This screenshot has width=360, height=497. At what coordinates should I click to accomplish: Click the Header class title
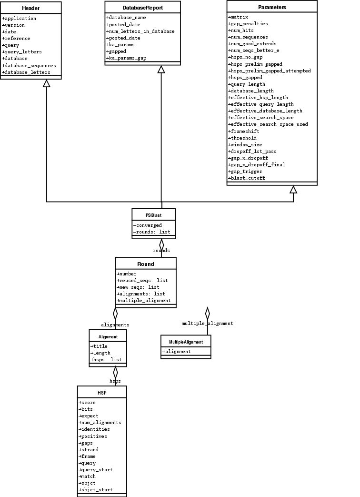click(x=30, y=8)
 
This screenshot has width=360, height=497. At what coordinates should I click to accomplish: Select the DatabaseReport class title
click(x=142, y=7)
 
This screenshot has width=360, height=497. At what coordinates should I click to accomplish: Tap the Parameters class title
click(x=272, y=7)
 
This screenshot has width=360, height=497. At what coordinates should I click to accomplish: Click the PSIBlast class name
click(x=153, y=215)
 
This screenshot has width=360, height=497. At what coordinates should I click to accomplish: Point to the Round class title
click(x=145, y=264)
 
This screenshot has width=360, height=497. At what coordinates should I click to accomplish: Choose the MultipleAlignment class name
click(x=186, y=342)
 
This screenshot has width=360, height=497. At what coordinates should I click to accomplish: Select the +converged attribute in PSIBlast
click(x=148, y=225)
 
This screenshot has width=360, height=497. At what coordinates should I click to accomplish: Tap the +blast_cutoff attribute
click(x=247, y=178)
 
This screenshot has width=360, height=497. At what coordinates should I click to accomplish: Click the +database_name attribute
click(x=126, y=18)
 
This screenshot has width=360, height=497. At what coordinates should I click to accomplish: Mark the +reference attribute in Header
click(x=16, y=39)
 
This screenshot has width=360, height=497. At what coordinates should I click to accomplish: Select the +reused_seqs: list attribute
click(x=142, y=281)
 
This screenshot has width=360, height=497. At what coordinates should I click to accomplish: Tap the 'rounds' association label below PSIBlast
click(x=161, y=251)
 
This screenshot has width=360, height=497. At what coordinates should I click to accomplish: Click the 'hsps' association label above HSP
click(x=115, y=381)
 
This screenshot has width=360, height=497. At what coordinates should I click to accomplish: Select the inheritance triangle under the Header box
click(x=46, y=83)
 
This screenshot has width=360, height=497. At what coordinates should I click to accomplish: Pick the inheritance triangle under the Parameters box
click(x=293, y=190)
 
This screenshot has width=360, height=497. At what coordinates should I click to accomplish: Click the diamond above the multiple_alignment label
click(x=207, y=313)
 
